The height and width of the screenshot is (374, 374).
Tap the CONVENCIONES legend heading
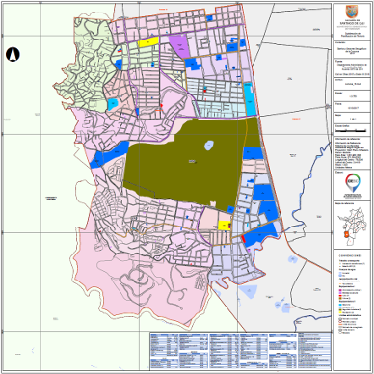coord(348,254)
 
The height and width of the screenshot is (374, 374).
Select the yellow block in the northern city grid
coord(149,42)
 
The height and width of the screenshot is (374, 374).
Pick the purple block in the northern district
coord(180,44)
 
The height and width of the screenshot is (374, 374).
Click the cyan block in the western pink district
coord(113,103)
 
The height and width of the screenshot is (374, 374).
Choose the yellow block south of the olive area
coord(224,225)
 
